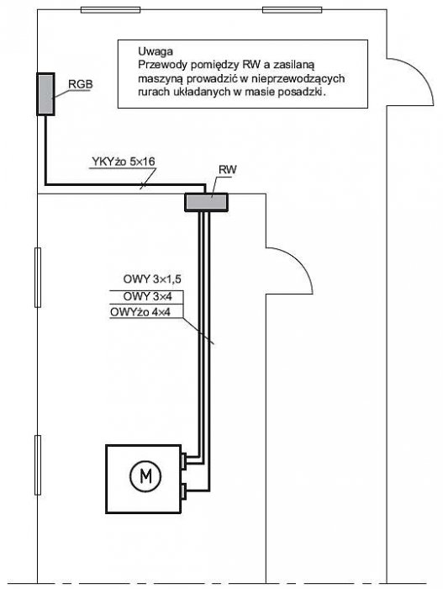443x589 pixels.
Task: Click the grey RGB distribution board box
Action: click(45, 94)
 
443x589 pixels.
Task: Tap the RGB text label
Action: click(81, 84)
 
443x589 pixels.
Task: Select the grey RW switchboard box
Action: click(206, 203)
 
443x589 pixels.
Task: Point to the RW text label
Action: click(228, 170)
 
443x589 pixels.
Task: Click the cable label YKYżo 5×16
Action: click(124, 162)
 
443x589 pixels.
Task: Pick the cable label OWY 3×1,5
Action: click(152, 279)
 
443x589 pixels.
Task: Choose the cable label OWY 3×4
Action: click(148, 296)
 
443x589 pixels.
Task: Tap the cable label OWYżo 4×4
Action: click(140, 312)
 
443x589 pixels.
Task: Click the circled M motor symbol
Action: click(145, 477)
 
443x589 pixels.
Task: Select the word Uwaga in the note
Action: click(156, 51)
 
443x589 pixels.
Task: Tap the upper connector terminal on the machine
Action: click(183, 461)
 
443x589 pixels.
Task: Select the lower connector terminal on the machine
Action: click(183, 492)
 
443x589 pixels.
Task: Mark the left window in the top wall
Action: click(111, 10)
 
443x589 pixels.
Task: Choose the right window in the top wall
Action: click(292, 10)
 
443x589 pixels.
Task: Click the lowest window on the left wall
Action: click(38, 465)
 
